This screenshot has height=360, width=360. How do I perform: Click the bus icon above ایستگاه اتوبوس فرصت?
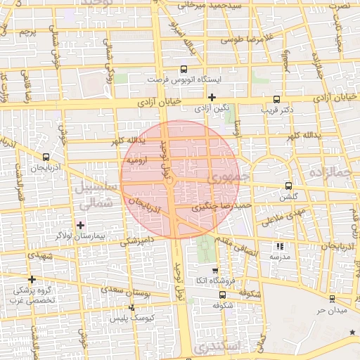[184, 69]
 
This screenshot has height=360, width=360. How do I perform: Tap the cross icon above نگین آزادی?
[212, 97]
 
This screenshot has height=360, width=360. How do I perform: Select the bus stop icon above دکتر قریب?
[276, 99]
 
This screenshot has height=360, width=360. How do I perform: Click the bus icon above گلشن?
[288, 186]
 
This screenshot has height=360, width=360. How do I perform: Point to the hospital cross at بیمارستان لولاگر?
[80, 225]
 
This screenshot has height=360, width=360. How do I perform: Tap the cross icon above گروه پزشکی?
[32, 279]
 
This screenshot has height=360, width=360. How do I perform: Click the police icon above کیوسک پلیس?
[132, 307]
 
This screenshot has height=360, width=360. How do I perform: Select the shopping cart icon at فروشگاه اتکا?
[215, 271]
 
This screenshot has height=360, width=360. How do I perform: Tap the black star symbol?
[352, 330]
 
